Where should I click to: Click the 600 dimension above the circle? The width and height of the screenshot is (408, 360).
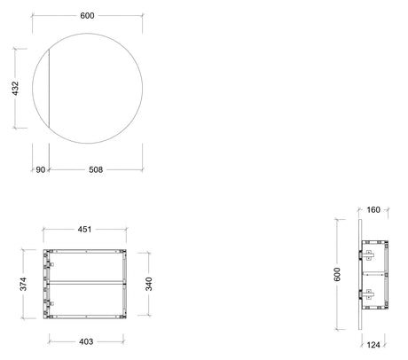[x=87, y=15]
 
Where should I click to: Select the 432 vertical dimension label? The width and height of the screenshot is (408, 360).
[x=15, y=89]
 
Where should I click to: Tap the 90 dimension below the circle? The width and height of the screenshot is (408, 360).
[x=41, y=169]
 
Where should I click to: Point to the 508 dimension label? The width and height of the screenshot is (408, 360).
[x=96, y=169]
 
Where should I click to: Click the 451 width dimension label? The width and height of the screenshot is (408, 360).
[x=84, y=230]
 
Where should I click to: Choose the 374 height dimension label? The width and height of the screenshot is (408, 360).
[x=23, y=284]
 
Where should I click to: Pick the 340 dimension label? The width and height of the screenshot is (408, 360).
[x=149, y=284]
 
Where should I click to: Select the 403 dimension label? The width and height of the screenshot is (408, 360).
[x=86, y=341]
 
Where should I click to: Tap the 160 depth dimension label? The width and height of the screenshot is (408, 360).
[x=373, y=210]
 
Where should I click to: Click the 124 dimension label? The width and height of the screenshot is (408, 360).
[x=373, y=345]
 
